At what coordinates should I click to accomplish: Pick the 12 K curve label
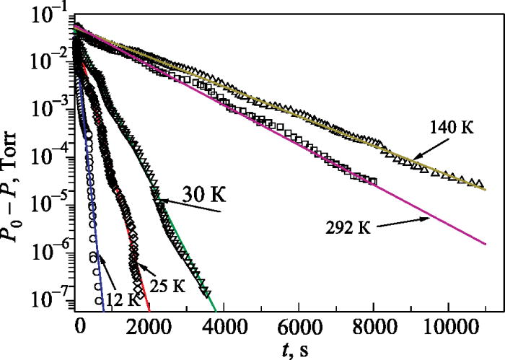pyautogui.click(x=107, y=297)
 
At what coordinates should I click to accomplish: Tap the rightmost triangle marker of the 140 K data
pyautogui.click(x=480, y=183)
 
